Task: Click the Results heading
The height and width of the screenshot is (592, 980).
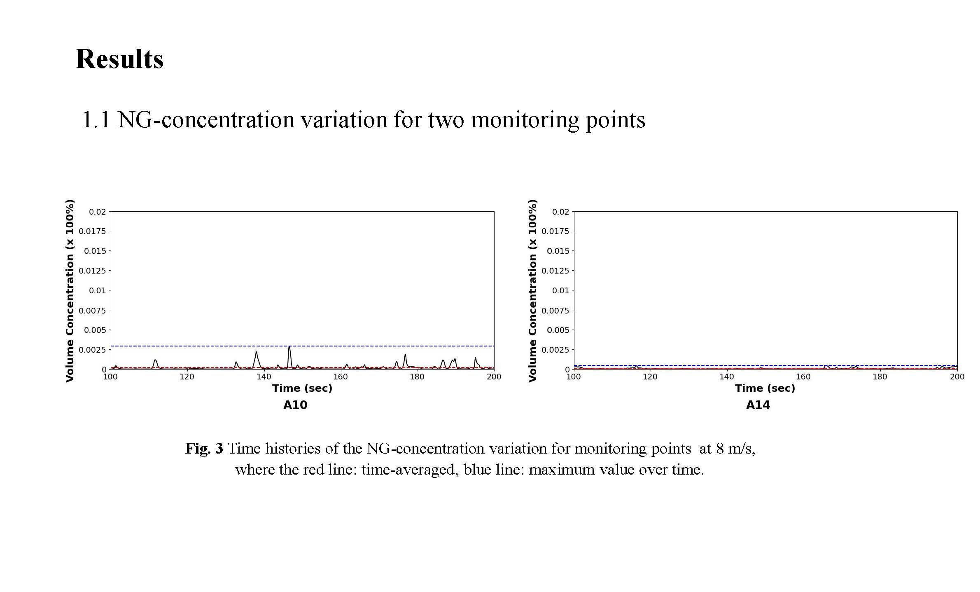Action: coord(119,59)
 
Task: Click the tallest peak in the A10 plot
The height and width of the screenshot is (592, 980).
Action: coord(289,347)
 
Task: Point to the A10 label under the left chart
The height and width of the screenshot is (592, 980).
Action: coord(295,405)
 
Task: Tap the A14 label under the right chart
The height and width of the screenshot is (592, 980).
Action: coord(758,405)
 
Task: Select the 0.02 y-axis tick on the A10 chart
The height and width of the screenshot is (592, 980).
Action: coord(98,212)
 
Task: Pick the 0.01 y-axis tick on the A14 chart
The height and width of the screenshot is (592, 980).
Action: coord(560,290)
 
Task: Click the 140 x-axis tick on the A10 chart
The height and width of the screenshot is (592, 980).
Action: coord(264,377)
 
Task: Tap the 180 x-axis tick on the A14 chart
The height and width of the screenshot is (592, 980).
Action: coord(880,377)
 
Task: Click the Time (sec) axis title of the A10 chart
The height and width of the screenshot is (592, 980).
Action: coord(302,388)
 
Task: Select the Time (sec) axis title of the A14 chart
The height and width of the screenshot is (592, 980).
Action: coord(765,388)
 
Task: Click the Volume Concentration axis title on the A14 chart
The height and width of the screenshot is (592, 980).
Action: coord(533,290)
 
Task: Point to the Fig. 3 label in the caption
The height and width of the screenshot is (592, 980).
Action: coord(204,448)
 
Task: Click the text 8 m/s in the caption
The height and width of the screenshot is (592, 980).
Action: coord(735,448)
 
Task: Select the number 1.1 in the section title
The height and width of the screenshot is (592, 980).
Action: coord(96,120)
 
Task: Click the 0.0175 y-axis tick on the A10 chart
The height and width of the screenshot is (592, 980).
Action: coord(92,231)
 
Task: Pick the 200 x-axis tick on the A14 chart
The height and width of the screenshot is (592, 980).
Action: coord(957,377)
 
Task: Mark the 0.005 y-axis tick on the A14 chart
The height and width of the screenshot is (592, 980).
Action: coord(558,330)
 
